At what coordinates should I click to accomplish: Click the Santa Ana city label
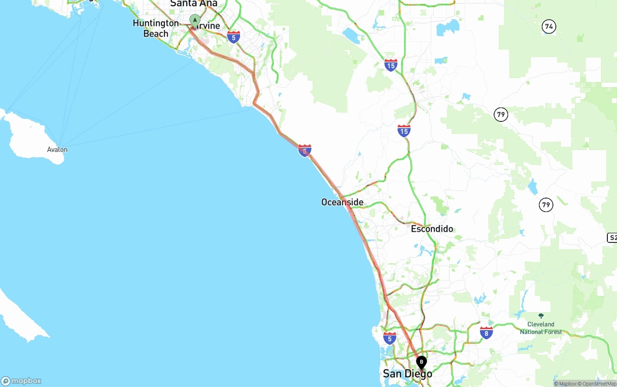[194, 3]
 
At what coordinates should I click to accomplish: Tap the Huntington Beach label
[156, 28]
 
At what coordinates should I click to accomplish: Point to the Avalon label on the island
[57, 149]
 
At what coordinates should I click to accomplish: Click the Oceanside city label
[342, 202]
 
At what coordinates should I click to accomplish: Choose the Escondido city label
[432, 229]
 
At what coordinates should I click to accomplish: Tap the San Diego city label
[407, 374]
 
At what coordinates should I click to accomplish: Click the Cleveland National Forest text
[541, 328]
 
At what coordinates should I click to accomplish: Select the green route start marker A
[195, 20]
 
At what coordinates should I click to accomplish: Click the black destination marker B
[421, 362]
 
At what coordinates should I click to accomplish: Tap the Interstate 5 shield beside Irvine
[234, 37]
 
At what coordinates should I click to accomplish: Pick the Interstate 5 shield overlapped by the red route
[305, 150]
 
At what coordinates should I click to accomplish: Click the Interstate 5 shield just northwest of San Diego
[389, 338]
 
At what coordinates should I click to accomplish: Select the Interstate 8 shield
[486, 332]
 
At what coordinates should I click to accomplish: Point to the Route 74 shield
[549, 27]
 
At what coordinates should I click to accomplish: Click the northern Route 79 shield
[501, 115]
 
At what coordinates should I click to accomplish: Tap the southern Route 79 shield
[546, 205]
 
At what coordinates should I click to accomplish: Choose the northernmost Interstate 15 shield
[391, 65]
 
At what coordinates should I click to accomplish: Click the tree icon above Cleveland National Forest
[541, 316]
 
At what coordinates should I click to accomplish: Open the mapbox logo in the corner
[21, 381]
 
